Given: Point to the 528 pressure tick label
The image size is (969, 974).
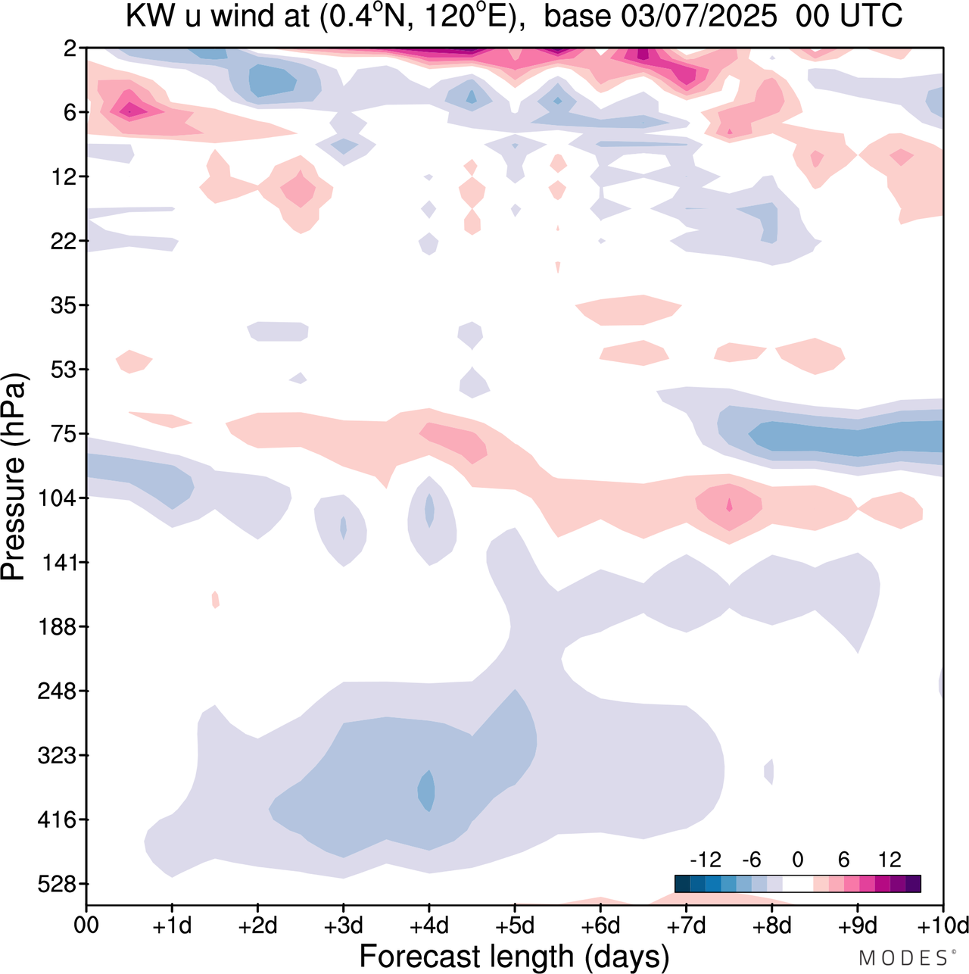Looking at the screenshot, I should click(x=58, y=884).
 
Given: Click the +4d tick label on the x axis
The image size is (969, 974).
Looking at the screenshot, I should click(x=428, y=926).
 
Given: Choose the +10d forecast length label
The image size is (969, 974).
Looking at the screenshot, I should click(x=943, y=926).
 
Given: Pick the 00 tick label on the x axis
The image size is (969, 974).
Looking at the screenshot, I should click(x=86, y=926).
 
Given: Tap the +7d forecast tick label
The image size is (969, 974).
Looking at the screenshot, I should click(x=686, y=926).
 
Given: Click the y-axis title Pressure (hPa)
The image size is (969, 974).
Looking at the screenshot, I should click(x=14, y=477).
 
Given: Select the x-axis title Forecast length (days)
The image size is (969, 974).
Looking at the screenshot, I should click(x=514, y=957).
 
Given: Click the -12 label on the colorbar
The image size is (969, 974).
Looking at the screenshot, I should click(x=705, y=860).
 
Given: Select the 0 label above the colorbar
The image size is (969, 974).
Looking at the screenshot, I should click(x=798, y=860).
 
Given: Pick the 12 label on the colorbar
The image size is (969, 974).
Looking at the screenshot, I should click(x=890, y=860).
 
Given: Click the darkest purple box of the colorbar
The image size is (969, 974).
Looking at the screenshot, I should click(x=913, y=884).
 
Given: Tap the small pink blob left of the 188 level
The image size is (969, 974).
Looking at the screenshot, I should click(x=216, y=600).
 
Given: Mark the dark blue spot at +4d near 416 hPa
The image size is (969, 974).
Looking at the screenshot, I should click(x=427, y=791).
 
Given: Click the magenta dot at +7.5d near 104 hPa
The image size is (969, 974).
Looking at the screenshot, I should click(x=730, y=504).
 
